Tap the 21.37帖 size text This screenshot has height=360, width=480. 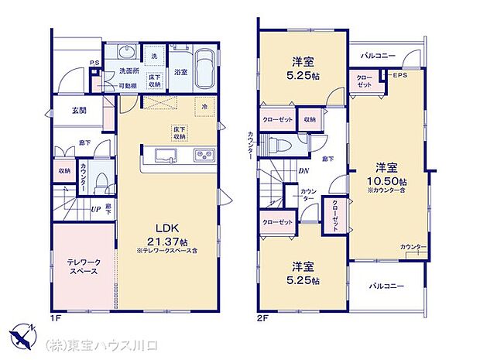pos(170,241)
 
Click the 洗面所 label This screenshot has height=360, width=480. pos(128,73)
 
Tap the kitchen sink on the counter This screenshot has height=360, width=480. pos(165,156)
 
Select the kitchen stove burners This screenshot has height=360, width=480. pos(204,156)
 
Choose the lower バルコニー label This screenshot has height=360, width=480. pos(386,286)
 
